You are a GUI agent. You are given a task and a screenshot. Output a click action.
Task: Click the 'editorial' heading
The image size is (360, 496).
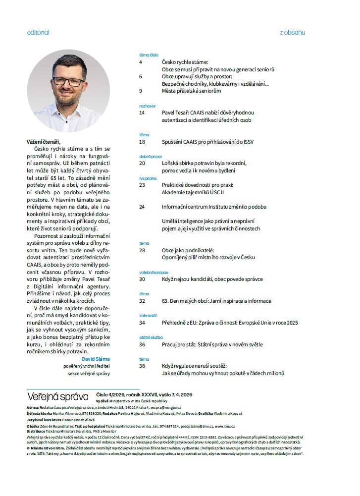point(38,33)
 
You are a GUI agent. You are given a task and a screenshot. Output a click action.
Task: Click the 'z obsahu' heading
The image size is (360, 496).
point(292,33)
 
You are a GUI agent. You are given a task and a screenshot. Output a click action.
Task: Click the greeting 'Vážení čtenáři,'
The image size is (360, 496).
point(46,141)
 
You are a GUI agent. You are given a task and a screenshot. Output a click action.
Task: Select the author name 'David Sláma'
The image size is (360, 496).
point(96,358)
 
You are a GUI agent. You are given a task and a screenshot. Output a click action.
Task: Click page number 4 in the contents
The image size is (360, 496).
point(141,62)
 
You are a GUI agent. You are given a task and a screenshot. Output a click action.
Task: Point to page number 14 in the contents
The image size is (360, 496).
point(142,113)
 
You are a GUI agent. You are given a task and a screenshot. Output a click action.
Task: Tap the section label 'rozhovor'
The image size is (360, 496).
point(148,106)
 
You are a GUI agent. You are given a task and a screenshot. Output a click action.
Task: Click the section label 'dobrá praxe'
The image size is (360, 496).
point(150,156)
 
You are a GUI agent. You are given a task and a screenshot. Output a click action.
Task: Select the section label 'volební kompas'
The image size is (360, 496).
point(154,272)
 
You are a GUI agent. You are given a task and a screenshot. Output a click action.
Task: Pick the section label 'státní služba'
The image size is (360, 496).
point(151,337)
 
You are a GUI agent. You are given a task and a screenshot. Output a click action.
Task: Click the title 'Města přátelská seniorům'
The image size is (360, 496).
point(191,91)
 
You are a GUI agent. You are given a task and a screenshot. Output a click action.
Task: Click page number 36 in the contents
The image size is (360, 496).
point(142,344)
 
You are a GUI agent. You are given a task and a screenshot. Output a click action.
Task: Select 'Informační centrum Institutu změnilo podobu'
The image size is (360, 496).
point(214,207)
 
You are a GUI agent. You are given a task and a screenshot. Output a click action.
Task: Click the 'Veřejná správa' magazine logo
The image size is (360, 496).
point(58,396)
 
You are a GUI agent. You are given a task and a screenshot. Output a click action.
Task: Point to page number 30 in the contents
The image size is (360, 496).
point(142,279)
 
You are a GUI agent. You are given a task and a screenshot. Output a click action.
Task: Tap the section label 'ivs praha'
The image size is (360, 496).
point(148,177)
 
